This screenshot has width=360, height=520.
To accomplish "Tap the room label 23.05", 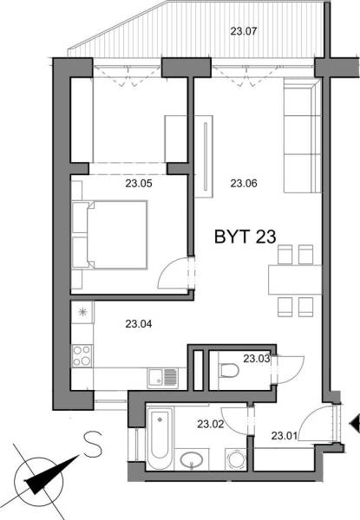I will click(139, 183).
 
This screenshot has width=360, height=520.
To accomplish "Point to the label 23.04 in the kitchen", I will click(139, 325).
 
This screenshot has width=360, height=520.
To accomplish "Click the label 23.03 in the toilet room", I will click(257, 358).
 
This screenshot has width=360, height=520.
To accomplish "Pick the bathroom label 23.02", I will click(211, 425).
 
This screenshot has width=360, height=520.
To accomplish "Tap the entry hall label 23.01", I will click(285, 435).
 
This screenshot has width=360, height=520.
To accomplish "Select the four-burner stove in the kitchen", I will click(83, 356).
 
